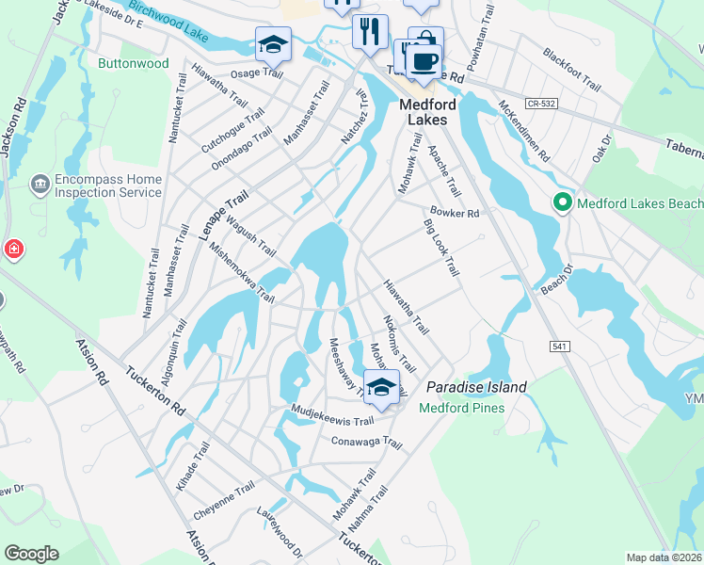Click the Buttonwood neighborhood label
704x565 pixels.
(x=133, y=64)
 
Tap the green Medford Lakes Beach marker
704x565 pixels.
(x=562, y=202)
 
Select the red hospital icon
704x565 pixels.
(x=13, y=250)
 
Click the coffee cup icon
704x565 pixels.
(x=424, y=60)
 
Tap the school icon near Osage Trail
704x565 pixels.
(x=273, y=43)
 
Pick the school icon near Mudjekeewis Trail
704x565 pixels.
(x=381, y=387)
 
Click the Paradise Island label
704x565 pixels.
(x=476, y=387)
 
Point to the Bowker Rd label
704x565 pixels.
(x=455, y=214)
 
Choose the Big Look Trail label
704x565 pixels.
(x=440, y=249)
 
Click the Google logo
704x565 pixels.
(x=31, y=554)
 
